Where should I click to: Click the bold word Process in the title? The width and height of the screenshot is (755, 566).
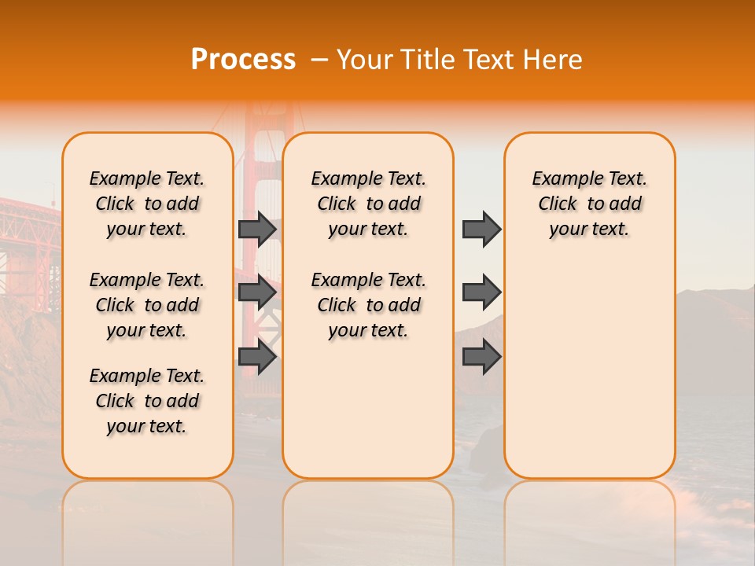point(243,60)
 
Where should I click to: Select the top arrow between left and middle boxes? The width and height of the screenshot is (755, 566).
point(257,230)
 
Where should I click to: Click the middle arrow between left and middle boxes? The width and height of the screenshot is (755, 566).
point(257,293)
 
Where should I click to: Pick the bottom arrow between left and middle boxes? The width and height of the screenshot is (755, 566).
point(257,358)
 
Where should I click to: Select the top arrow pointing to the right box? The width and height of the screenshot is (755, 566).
point(481,230)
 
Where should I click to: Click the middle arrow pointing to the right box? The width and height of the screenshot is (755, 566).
point(481,293)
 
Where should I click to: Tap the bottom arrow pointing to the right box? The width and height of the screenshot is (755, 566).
point(481,358)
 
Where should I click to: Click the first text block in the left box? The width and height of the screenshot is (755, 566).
point(147,204)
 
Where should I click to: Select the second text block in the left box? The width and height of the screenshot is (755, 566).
point(147,305)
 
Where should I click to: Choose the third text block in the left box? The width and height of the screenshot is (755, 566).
point(147,401)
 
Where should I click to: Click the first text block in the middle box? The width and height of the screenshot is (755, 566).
point(368,204)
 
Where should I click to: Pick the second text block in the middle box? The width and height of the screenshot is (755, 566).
point(368,305)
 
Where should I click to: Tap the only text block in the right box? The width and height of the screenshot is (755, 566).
point(589,204)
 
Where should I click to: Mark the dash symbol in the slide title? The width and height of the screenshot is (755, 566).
point(319,60)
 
